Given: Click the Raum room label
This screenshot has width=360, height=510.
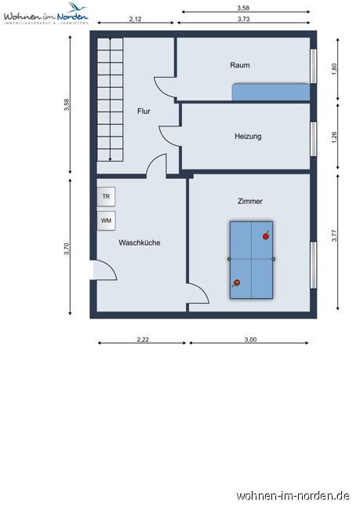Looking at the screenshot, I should click(240, 65).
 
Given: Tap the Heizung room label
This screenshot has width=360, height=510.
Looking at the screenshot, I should click(248, 137).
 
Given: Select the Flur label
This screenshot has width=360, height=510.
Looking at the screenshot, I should click(144, 111).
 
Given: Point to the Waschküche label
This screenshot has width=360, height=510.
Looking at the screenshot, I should click(140, 243).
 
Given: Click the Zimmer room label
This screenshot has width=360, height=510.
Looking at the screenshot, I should click(250, 202).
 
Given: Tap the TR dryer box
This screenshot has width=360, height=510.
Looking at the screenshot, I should click(106, 196).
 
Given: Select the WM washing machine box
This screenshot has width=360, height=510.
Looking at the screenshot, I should click(106, 220).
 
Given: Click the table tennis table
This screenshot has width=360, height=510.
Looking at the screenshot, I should click(251, 260).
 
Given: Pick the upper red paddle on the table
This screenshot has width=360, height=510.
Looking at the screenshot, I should click(266, 235).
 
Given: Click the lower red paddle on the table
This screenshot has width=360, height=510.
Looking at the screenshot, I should click(236, 283).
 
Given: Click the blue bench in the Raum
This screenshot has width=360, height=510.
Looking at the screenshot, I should click(270, 93).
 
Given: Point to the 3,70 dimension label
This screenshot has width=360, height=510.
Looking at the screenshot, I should click(67, 249).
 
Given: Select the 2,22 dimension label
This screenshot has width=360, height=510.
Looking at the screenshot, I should click(142, 340).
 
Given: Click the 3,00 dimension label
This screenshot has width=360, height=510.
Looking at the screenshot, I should click(249, 340).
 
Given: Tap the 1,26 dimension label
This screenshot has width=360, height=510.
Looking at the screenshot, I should click(334, 136).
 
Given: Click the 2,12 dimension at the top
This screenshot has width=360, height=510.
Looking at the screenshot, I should click(135, 18).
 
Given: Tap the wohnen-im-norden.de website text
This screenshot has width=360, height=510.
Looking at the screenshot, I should click(293, 496).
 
